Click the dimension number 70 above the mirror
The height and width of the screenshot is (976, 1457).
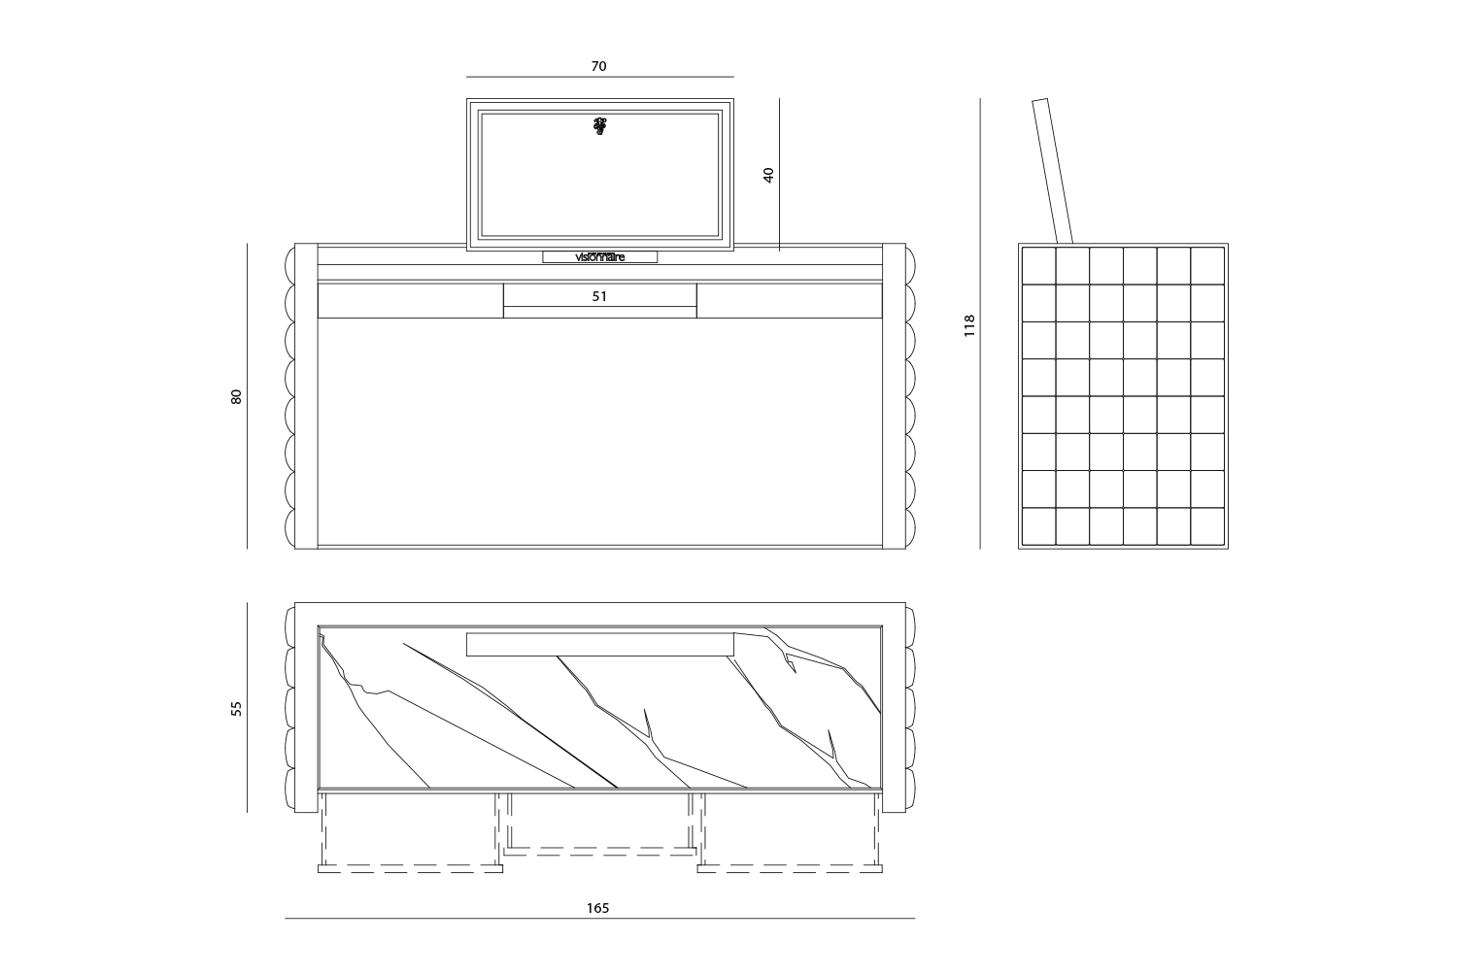[x=598, y=66]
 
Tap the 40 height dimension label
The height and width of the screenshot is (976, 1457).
[x=768, y=175]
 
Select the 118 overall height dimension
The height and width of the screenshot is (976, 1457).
[x=969, y=325]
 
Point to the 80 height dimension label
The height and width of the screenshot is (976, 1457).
[x=236, y=396]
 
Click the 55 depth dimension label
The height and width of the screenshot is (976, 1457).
[x=236, y=708]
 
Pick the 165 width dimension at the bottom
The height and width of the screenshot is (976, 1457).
[x=597, y=908]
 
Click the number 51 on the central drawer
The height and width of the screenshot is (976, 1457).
[x=599, y=296]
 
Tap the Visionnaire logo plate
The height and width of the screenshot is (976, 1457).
[x=599, y=256]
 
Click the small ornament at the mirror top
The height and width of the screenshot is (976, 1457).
[x=599, y=125]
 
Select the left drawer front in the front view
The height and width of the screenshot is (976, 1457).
[x=411, y=300]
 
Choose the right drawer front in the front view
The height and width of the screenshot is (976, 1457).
[x=790, y=300]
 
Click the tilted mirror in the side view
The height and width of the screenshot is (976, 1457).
[x=1052, y=171]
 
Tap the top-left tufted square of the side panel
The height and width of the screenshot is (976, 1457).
[x=1038, y=266]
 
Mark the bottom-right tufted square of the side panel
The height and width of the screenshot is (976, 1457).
[x=1207, y=526]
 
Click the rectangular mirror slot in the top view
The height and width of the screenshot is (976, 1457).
[x=599, y=645]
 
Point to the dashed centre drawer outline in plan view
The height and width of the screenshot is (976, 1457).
[x=599, y=851]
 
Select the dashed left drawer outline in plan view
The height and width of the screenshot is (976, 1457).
[x=411, y=868]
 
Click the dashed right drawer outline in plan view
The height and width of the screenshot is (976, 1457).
[x=790, y=868]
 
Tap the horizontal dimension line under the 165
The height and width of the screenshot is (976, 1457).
[x=599, y=918]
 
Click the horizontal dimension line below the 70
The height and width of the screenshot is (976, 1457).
[x=599, y=77]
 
